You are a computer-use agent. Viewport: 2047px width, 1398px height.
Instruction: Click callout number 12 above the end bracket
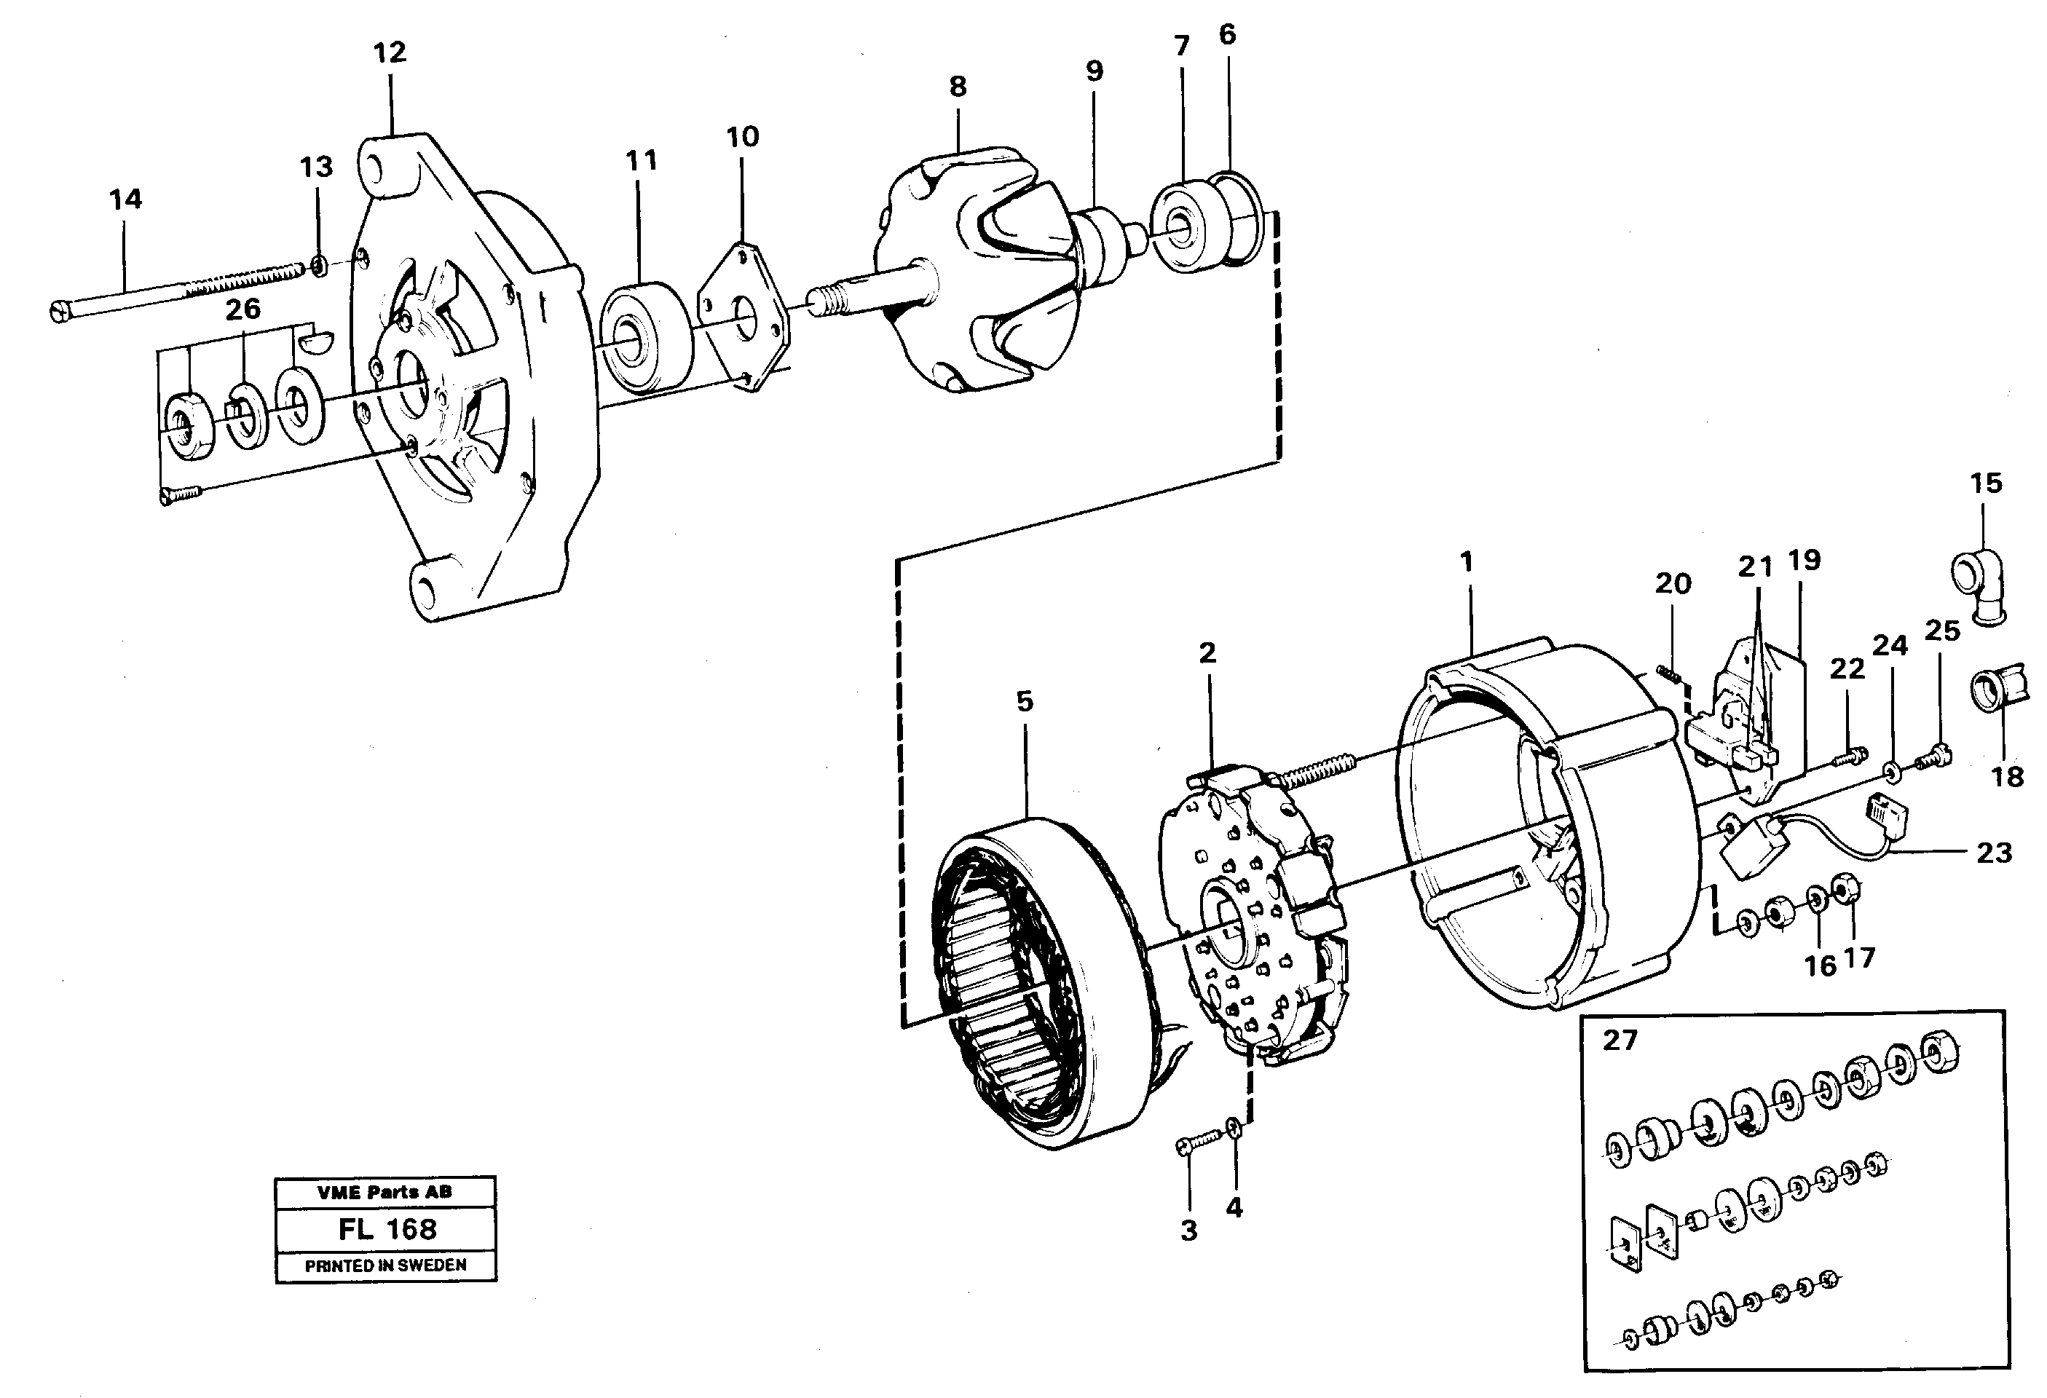(x=390, y=53)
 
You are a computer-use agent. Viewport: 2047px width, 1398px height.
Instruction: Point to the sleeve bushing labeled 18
(x=1997, y=689)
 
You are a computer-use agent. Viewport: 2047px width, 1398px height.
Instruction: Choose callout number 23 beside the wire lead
(x=1994, y=853)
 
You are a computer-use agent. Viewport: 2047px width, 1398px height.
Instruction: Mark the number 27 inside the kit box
(x=1619, y=1040)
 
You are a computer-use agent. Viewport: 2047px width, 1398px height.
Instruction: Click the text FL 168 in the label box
(x=387, y=1229)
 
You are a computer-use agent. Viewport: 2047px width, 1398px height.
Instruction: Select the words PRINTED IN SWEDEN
(x=386, y=1266)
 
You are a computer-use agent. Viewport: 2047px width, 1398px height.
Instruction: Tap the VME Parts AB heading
(x=385, y=1193)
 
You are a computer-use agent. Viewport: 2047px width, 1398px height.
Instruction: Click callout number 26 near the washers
(x=243, y=309)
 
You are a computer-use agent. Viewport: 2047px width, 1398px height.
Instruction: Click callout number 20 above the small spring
(x=1673, y=583)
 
